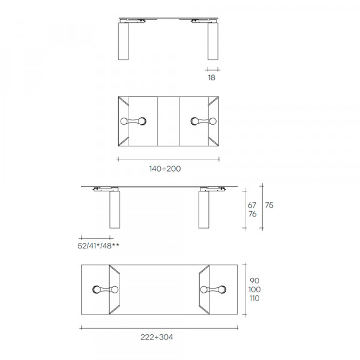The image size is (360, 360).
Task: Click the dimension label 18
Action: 212,77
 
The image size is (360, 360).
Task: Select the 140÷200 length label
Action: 165,169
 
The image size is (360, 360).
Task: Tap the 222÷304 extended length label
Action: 157,337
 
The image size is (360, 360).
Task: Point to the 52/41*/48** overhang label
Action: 98,246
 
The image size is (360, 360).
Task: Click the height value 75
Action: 269,205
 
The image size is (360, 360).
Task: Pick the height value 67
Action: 252,205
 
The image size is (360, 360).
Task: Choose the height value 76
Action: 253,214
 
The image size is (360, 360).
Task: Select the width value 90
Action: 254,281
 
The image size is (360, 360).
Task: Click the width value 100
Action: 254,289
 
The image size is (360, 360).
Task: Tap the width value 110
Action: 254,298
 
